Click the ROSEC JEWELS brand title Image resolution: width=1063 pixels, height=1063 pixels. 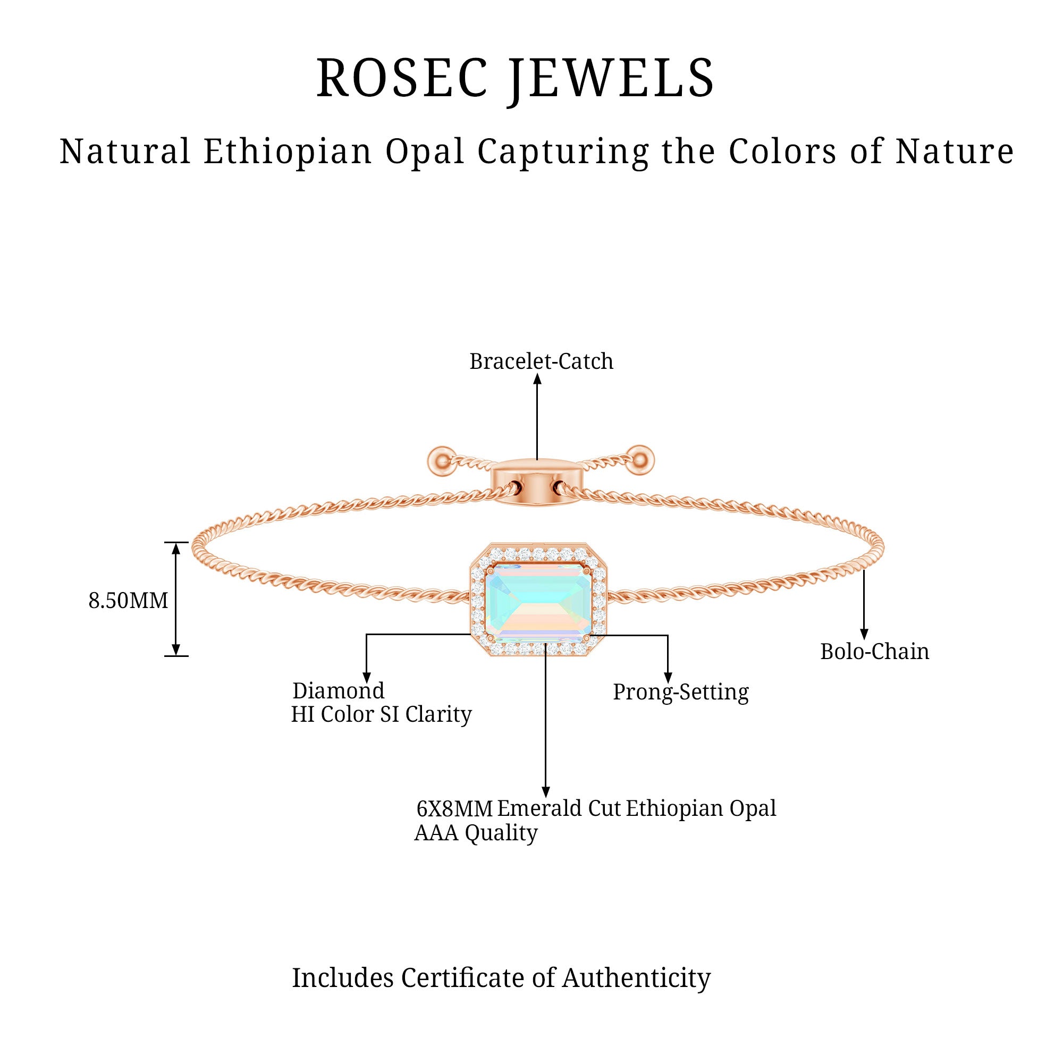tap(515, 79)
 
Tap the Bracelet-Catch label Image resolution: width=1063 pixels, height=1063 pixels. tap(541, 361)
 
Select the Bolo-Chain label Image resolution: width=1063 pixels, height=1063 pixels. tap(874, 652)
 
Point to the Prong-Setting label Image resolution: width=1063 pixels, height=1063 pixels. tap(681, 692)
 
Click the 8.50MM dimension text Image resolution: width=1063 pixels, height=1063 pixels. tap(128, 600)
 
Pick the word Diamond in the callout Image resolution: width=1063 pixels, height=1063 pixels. tap(339, 690)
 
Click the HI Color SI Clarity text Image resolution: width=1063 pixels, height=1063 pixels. tap(381, 714)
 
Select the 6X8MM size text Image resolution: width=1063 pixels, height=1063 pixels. tap(454, 808)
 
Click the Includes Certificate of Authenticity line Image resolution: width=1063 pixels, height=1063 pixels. tap(501, 978)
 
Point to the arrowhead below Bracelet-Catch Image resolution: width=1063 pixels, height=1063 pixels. tap(537, 378)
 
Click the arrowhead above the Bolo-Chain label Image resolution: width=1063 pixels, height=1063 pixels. tap(864, 636)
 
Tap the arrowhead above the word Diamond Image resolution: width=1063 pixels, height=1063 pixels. tap(366, 678)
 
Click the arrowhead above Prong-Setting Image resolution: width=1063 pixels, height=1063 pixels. tap(668, 678)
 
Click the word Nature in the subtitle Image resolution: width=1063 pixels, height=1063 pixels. tap(954, 151)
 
